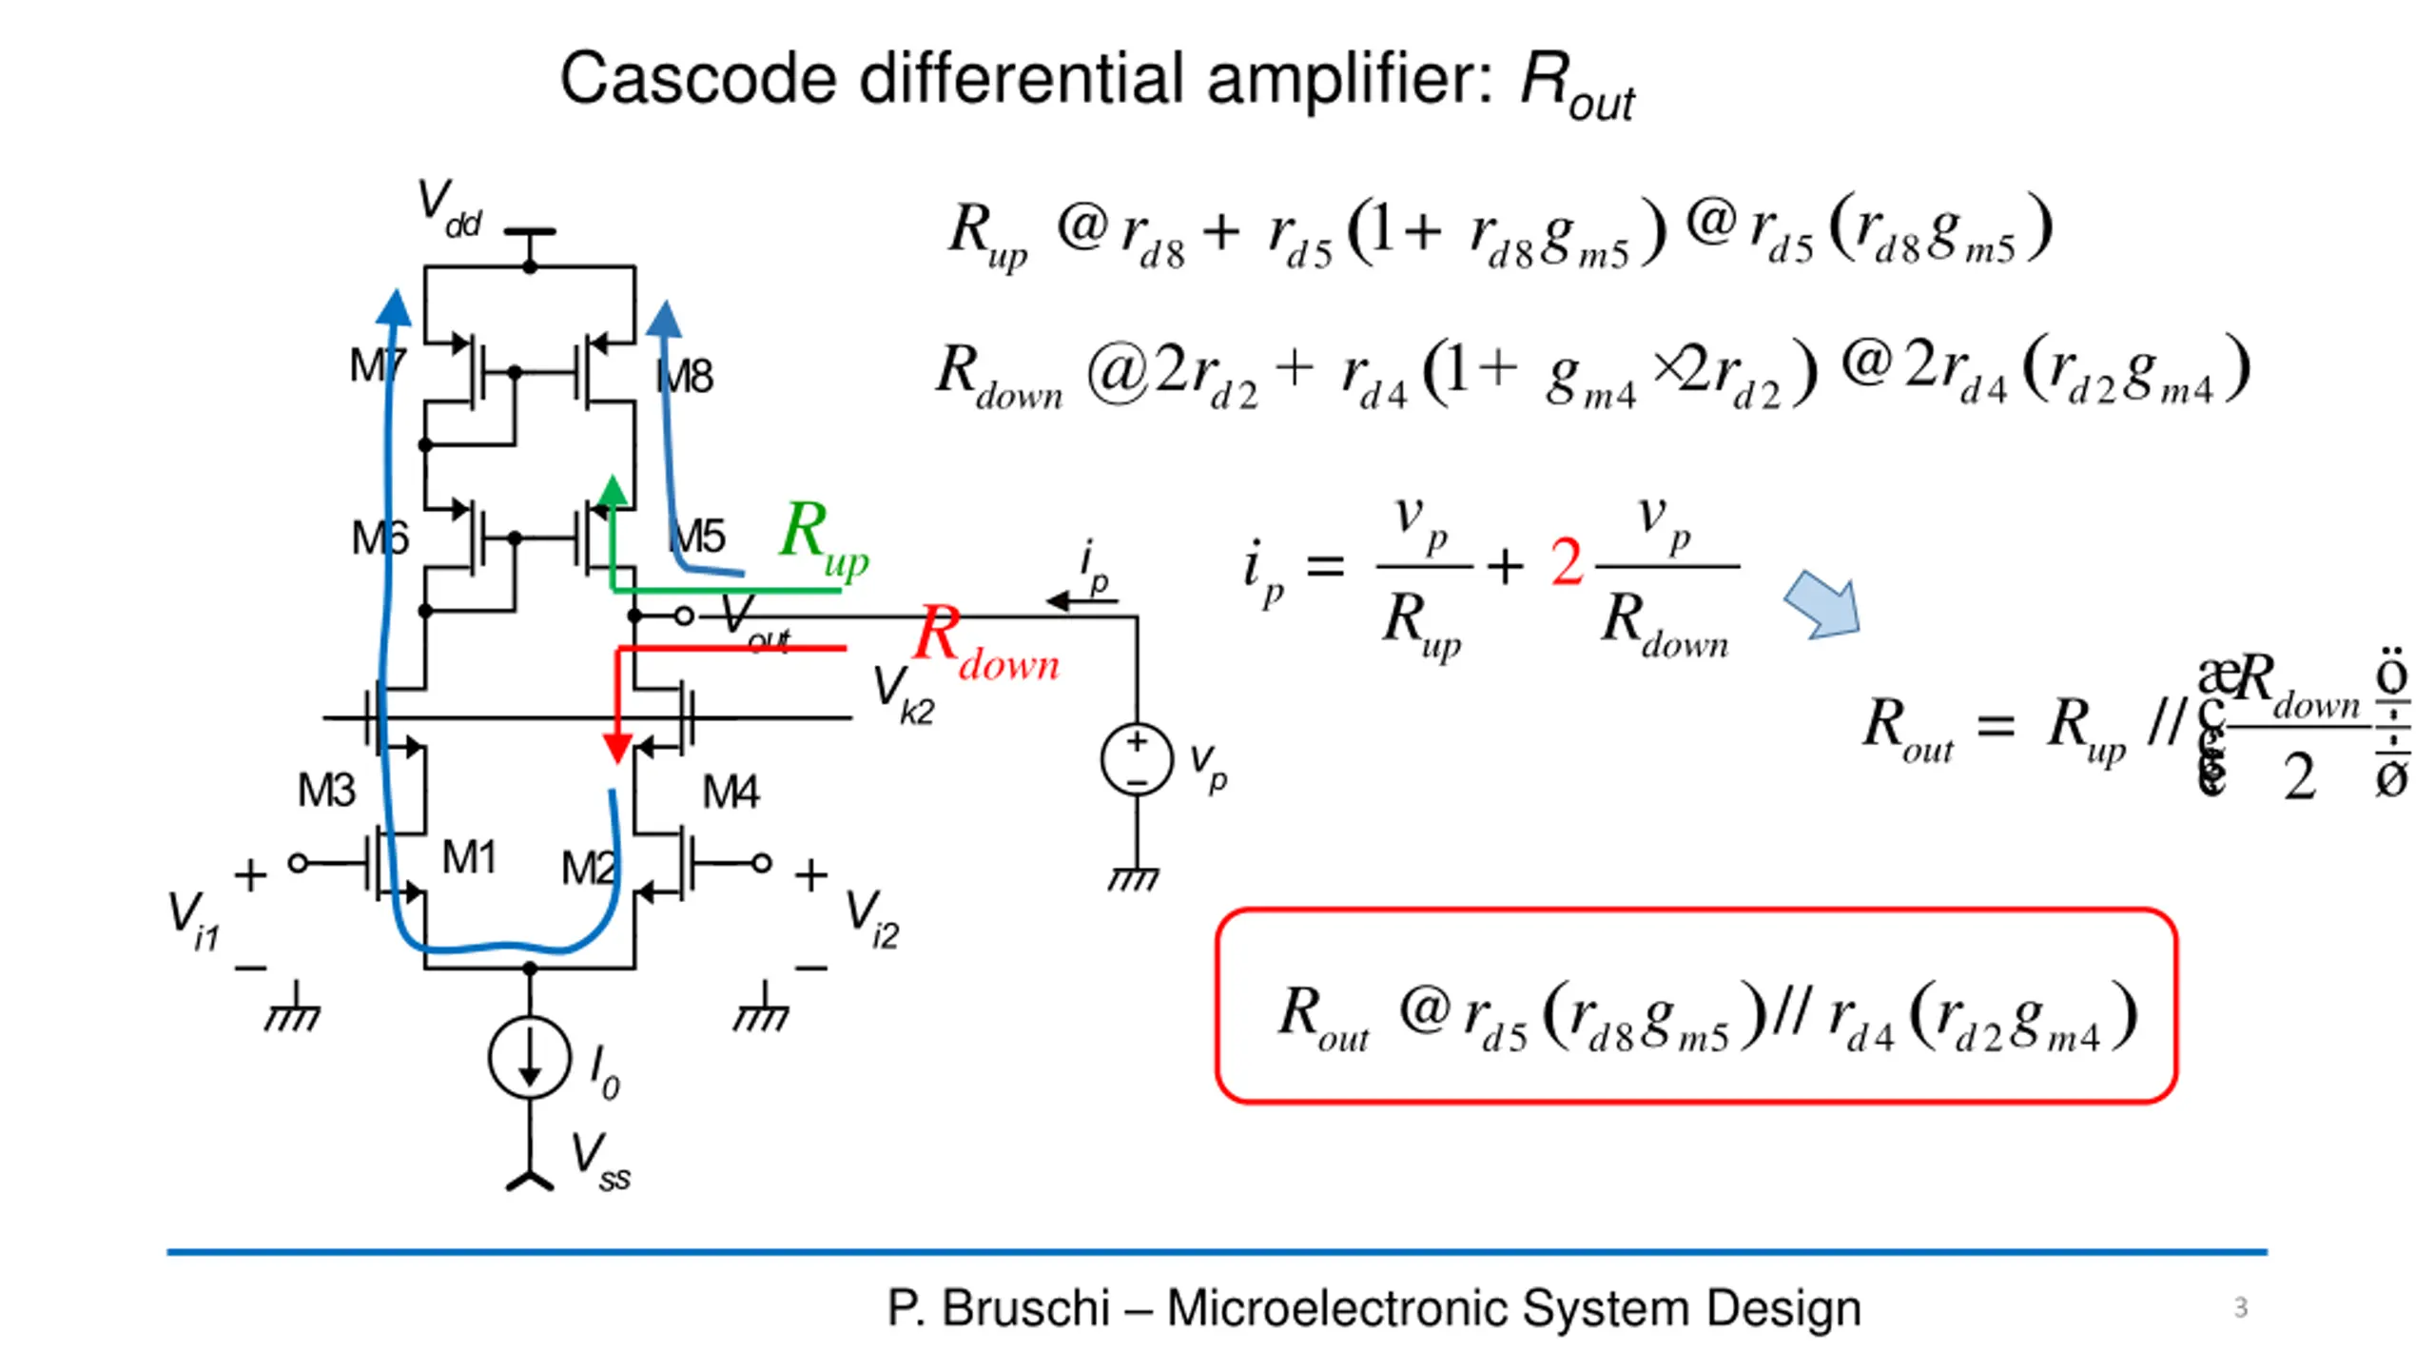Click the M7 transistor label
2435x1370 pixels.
coord(378,366)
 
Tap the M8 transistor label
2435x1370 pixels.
coord(685,377)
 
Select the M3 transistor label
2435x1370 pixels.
coord(326,791)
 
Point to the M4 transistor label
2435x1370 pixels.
coord(730,792)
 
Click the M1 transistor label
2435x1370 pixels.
coord(469,858)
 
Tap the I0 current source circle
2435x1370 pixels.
coord(530,1058)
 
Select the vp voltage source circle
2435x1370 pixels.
coord(1137,760)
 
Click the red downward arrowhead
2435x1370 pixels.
coord(618,748)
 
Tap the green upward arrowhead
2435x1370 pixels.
coord(613,490)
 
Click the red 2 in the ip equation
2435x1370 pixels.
coord(1567,562)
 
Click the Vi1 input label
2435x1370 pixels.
coord(193,919)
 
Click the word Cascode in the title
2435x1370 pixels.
coord(699,78)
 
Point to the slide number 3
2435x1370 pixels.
coord(2240,1307)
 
